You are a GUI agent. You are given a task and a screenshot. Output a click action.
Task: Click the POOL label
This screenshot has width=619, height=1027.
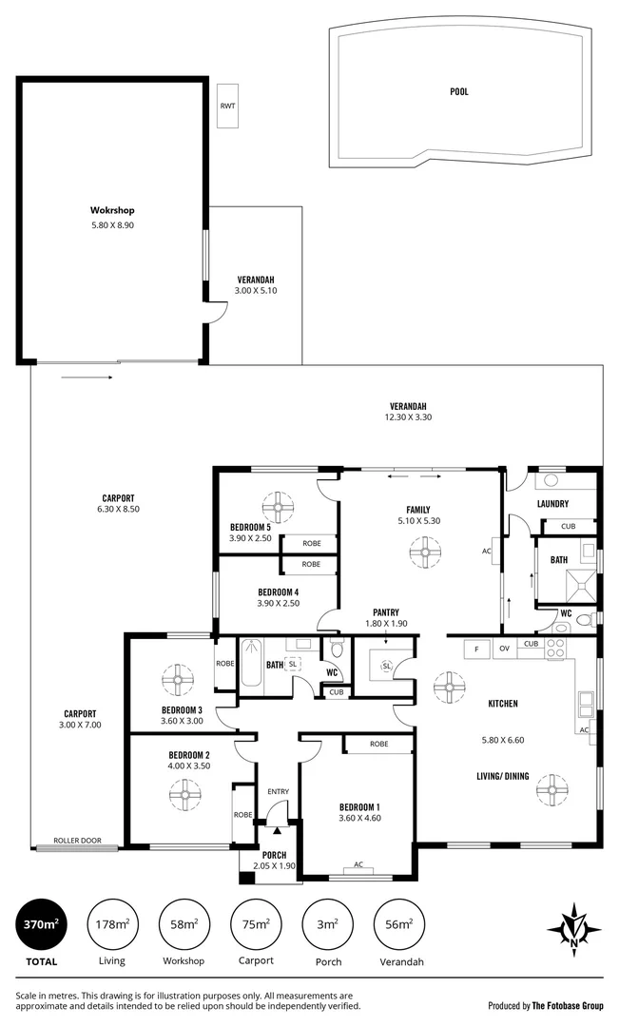(459, 92)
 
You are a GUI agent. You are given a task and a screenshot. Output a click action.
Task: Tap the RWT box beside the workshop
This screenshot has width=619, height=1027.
(227, 106)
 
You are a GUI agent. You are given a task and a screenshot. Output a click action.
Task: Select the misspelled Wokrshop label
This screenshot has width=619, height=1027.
(110, 210)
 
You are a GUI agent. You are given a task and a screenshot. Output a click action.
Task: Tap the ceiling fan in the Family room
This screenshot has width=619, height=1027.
(419, 550)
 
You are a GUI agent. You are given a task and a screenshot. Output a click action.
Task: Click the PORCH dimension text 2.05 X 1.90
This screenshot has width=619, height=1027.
(275, 865)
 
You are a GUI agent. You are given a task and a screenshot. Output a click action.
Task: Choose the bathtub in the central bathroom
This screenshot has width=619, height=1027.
(250, 665)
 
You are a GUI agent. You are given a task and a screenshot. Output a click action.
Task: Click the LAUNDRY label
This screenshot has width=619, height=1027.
(552, 504)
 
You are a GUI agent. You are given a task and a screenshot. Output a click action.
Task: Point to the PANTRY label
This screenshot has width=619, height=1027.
(386, 612)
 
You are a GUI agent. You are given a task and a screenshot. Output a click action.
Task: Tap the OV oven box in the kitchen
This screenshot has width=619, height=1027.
(505, 649)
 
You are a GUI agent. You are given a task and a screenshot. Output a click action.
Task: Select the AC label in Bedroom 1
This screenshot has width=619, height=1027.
(358, 864)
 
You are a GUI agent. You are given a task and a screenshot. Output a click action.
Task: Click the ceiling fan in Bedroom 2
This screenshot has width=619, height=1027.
(181, 791)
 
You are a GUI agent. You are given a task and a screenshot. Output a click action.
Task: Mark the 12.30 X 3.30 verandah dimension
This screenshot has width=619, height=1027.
(408, 416)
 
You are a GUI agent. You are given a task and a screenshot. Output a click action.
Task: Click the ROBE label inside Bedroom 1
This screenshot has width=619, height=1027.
(378, 744)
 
